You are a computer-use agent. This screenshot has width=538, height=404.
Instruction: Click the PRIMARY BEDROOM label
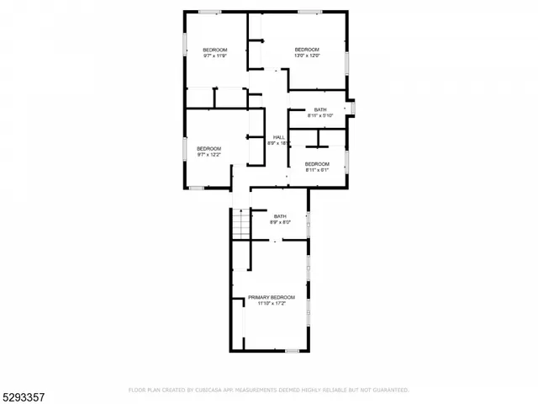point(272,298)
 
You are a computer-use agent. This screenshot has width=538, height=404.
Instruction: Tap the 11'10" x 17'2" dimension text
point(272,304)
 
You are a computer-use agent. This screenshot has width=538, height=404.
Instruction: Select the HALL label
point(278,137)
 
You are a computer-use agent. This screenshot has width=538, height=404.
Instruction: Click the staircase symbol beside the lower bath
point(240,224)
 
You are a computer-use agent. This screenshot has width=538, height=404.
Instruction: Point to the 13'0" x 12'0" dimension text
point(307,56)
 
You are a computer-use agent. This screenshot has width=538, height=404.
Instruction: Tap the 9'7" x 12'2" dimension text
point(209,154)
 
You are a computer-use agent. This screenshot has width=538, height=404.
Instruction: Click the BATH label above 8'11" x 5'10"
point(320,109)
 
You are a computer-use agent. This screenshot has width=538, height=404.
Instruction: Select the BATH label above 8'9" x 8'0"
point(280,216)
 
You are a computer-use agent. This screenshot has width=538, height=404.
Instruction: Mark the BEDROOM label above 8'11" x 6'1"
point(317,163)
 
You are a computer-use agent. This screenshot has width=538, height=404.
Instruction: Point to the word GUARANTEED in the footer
point(391,391)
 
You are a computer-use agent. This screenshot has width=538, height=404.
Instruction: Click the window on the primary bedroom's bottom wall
point(292,350)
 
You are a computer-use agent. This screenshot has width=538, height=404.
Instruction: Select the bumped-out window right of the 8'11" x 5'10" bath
point(353,109)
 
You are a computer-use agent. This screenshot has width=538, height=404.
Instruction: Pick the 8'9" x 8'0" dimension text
point(280,222)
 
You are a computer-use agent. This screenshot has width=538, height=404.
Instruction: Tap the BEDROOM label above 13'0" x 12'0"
point(307,50)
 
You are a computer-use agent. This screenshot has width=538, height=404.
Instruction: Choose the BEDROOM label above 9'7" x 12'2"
point(209,148)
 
